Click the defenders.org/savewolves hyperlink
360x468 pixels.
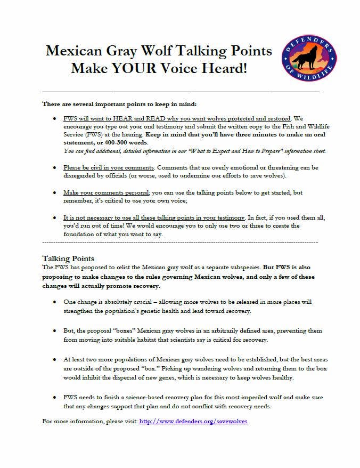coord(193,421)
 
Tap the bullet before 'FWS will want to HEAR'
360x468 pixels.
coord(55,118)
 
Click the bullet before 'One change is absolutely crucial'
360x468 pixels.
coord(55,302)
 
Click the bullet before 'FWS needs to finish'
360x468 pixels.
coord(55,398)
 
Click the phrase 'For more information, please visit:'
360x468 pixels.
coord(89,421)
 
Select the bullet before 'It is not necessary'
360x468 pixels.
coord(55,217)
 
